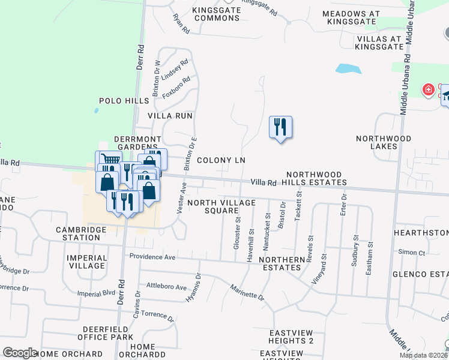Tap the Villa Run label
(169, 115)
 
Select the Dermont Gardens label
(138, 143)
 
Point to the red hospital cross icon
(428, 91)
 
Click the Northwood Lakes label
(384, 142)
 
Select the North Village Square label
(221, 206)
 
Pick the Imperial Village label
(88, 262)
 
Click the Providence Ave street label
(152, 257)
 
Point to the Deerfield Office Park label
(105, 333)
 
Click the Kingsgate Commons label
(216, 14)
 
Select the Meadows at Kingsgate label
(351, 17)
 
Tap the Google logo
(20, 353)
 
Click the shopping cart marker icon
(108, 160)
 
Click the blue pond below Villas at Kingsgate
(348, 68)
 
